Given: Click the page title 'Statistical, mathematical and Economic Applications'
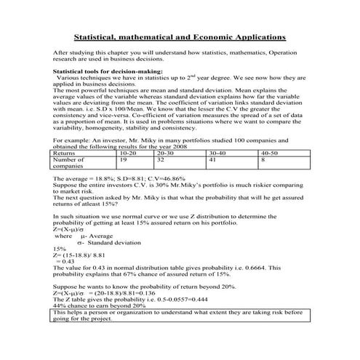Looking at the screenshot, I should [180, 36].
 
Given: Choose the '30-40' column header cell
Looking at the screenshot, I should [217, 153].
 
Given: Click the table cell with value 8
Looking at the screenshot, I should [263, 160].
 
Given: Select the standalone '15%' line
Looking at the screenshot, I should [60, 249].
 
